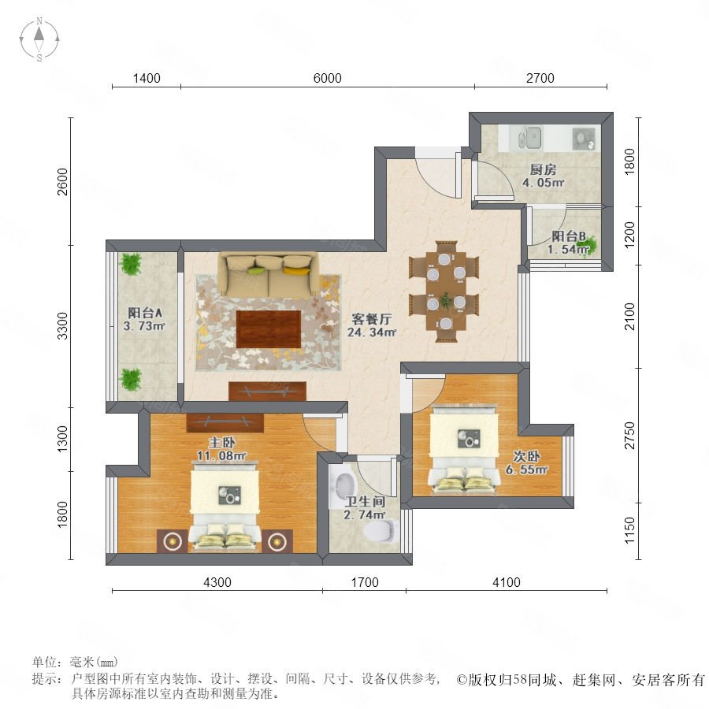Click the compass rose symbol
click(39, 39)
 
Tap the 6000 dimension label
click(328, 78)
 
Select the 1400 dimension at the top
click(147, 78)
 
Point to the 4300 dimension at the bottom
click(217, 582)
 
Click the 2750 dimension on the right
click(629, 436)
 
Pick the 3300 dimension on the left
click(62, 325)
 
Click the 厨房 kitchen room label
click(543, 169)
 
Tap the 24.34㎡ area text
click(372, 332)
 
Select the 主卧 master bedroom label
click(221, 442)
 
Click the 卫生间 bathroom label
click(365, 502)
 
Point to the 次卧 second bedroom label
click(526, 456)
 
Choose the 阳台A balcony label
click(145, 313)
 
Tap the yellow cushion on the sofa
click(294, 271)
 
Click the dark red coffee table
click(269, 329)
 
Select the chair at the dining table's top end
click(446, 247)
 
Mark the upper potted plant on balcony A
click(131, 264)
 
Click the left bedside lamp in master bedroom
click(173, 540)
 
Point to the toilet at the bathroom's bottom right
click(382, 529)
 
